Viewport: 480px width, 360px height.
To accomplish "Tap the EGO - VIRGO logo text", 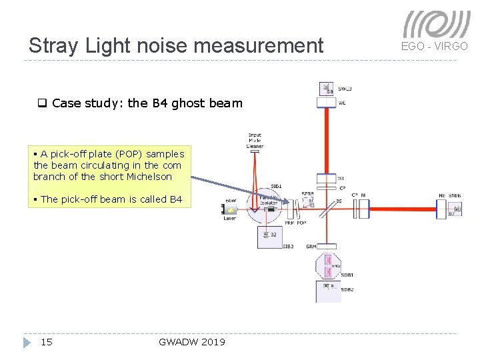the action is (435, 46).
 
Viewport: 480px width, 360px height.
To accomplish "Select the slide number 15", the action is (47, 342).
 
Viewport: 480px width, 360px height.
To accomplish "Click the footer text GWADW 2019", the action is (192, 342).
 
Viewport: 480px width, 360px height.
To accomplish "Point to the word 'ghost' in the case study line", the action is (171, 103).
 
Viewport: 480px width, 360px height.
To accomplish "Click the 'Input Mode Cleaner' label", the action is (255, 141).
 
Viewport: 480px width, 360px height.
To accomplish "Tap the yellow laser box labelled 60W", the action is (231, 208).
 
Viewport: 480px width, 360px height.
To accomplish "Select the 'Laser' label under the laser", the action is (230, 218).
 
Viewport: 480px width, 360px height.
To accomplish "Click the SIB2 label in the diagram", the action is (288, 247).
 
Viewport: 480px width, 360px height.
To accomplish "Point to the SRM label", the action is (311, 247).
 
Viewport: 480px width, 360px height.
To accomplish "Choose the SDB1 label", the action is (347, 275).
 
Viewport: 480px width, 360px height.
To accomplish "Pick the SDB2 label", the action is (347, 290).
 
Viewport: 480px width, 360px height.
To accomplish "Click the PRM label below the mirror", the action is (289, 223).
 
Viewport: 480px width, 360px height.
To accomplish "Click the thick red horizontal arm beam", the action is (400, 208).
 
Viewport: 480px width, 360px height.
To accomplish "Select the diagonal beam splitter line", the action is (327, 209).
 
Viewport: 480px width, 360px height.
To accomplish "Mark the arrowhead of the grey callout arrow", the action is (289, 201).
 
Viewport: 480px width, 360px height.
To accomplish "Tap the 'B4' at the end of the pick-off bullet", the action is (175, 199).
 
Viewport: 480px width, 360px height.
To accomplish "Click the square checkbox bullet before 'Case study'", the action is (41, 103).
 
